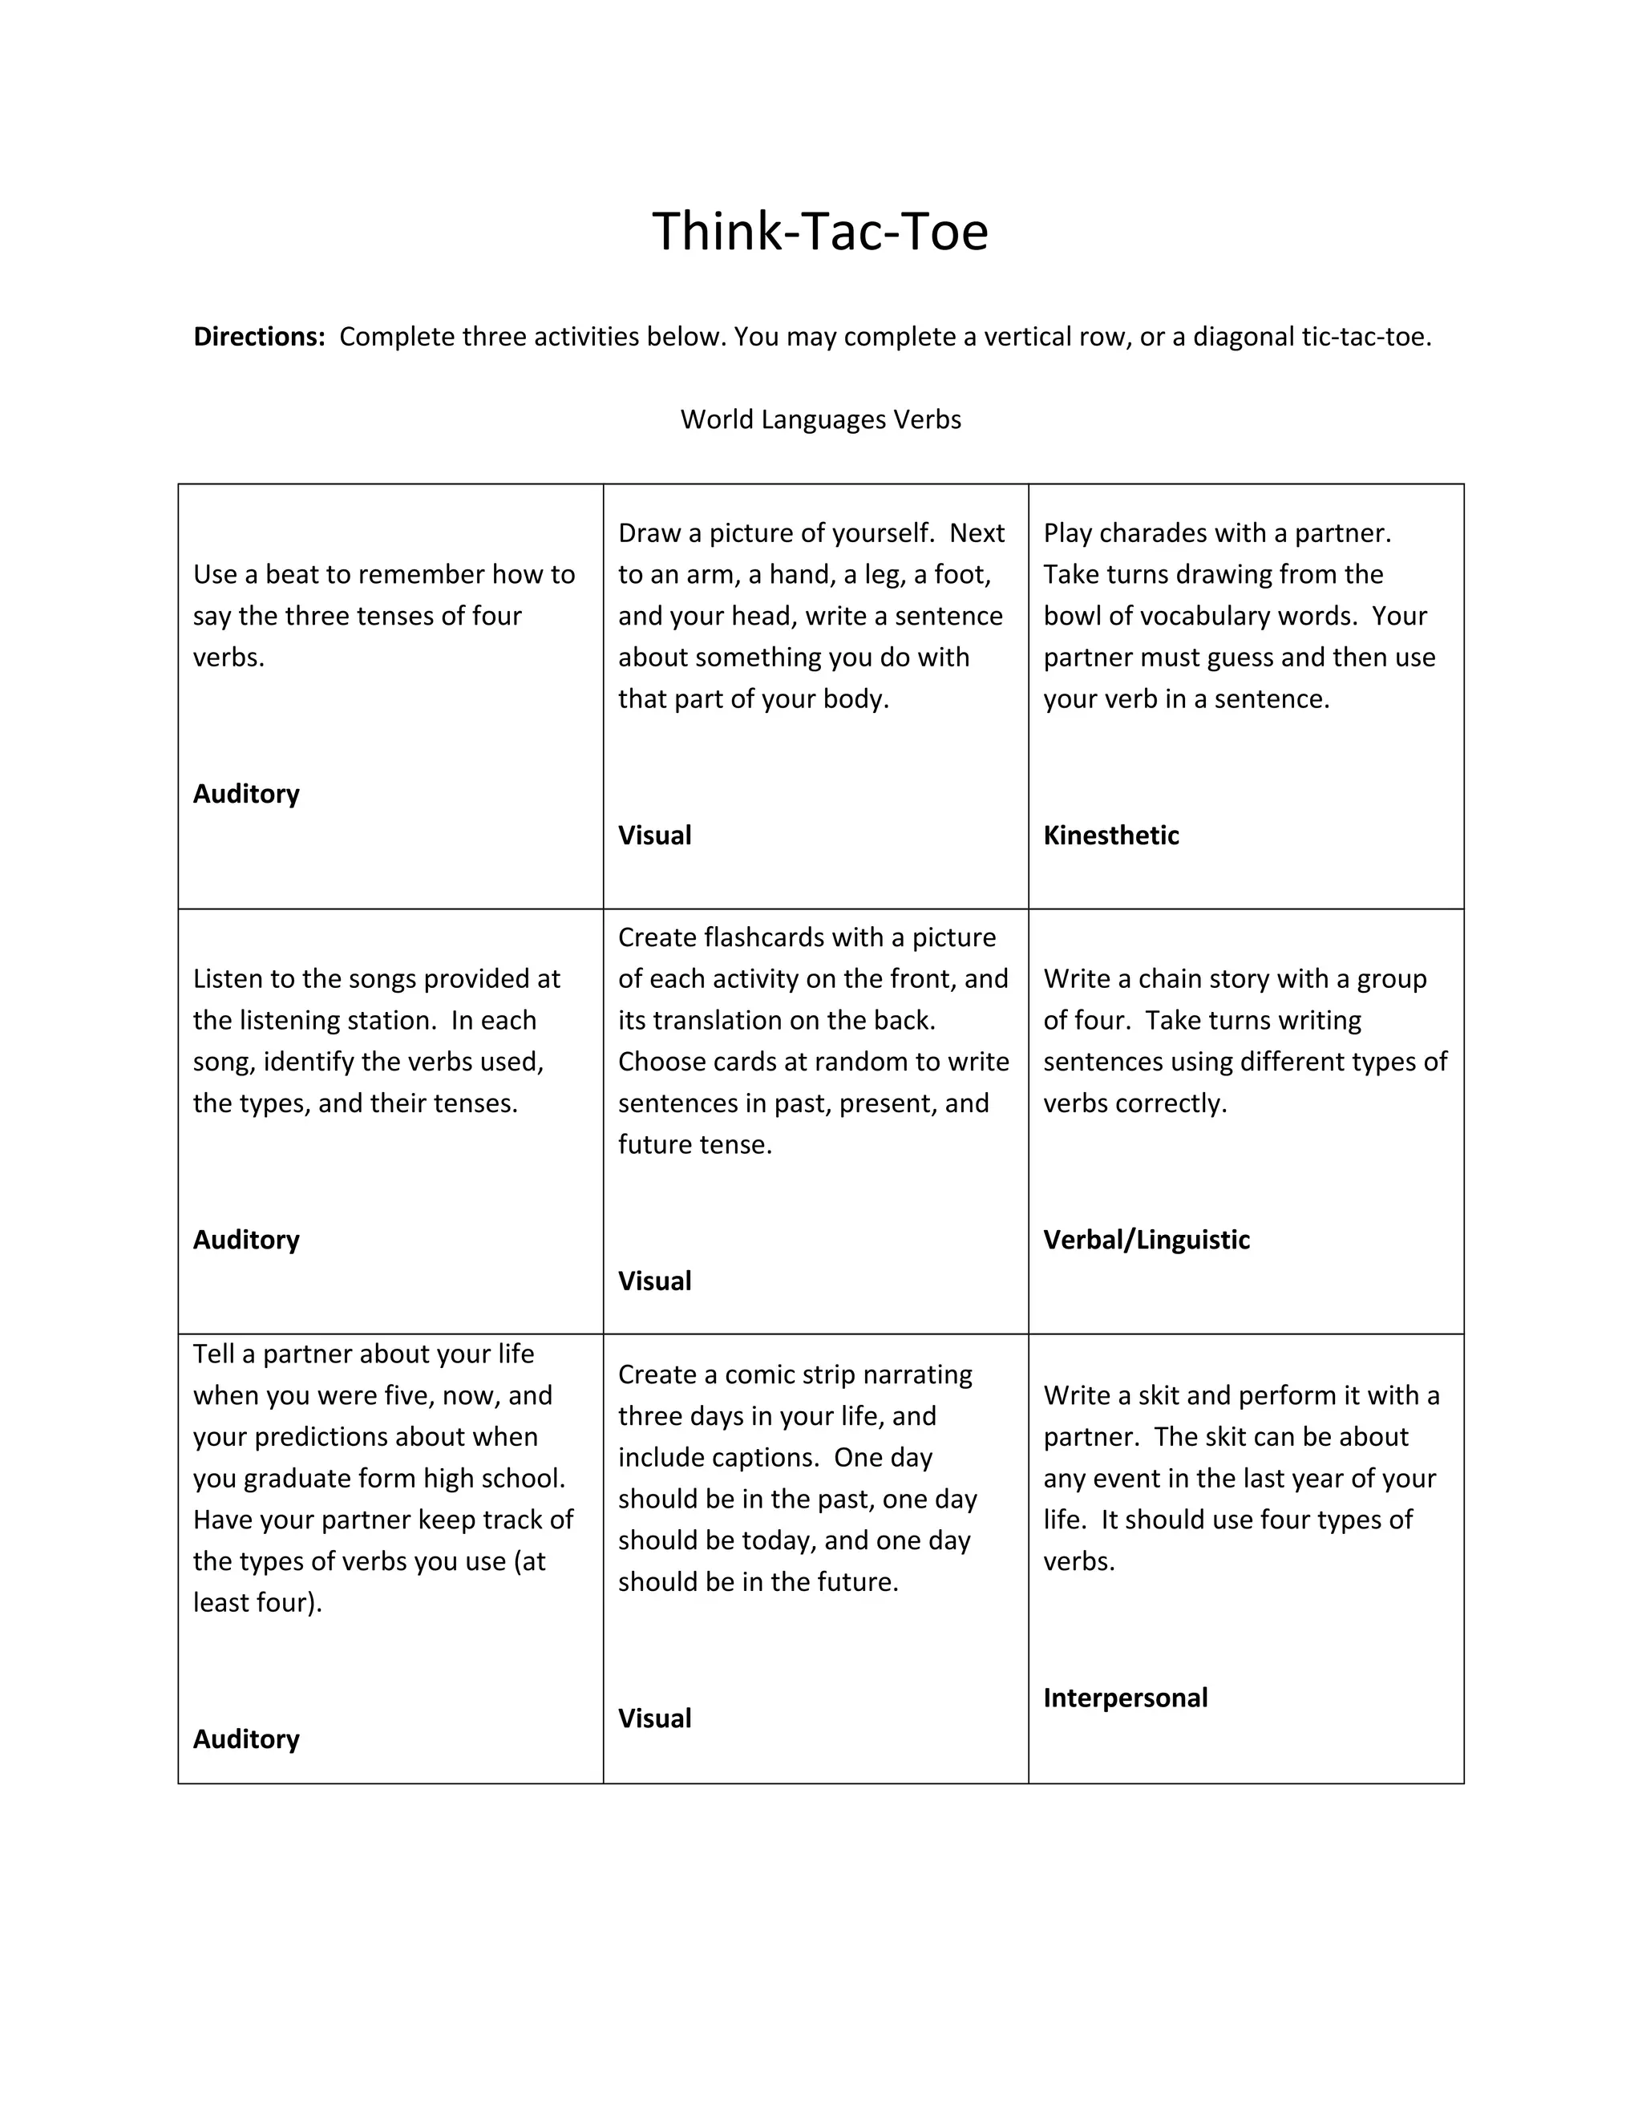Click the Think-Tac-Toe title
tap(820, 232)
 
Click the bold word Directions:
tap(259, 337)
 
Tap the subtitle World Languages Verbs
tap(820, 419)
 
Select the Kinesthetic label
tap(1111, 836)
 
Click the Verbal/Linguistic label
tap(1146, 1240)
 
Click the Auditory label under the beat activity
tap(246, 794)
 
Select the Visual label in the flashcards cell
tap(655, 1281)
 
